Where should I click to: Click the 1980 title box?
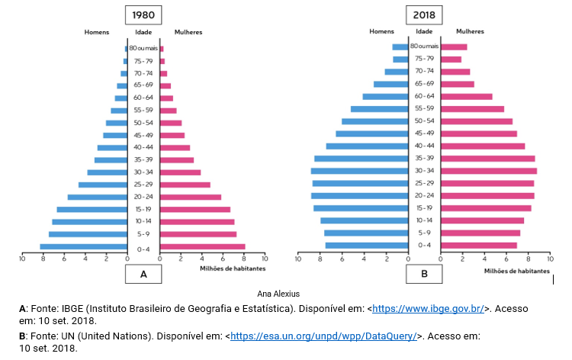(143, 16)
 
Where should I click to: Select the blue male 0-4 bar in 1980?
(83, 246)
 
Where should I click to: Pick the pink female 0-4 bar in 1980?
(202, 246)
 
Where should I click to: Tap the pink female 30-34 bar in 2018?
(488, 171)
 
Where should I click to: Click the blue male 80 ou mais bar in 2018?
(400, 47)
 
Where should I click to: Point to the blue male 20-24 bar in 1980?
(97, 197)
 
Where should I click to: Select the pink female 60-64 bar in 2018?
(466, 97)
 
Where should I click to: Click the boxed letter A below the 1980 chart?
(143, 274)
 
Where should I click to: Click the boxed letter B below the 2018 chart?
(423, 274)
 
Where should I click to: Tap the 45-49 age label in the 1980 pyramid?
(143, 136)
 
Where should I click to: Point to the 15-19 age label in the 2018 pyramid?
(425, 208)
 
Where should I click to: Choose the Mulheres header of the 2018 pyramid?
(470, 31)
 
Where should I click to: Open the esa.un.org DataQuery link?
(323, 336)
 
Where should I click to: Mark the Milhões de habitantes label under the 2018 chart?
(515, 270)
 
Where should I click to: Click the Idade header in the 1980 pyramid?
(143, 32)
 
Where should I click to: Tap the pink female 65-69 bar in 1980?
(165, 85)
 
